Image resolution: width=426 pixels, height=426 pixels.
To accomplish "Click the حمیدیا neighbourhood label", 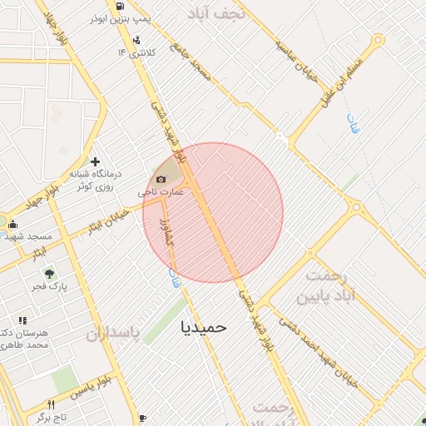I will tap(203, 327).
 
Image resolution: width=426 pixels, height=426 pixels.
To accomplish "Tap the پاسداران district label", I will tap(111, 334).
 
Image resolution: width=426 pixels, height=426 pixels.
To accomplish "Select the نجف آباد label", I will tap(219, 14).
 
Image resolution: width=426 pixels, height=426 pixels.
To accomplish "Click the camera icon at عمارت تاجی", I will tap(161, 179).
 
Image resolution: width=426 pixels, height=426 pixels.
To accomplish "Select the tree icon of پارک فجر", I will tap(50, 273).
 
